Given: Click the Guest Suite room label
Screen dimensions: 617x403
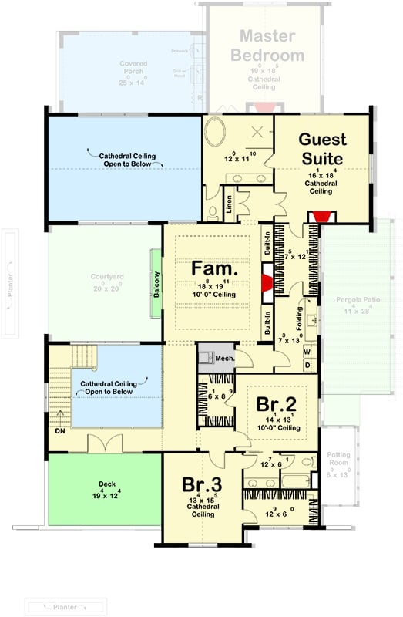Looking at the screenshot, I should pyautogui.click(x=322, y=149).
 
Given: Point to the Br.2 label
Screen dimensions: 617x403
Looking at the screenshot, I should pyautogui.click(x=274, y=405).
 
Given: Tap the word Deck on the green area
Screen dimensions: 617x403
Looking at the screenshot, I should pyautogui.click(x=106, y=485).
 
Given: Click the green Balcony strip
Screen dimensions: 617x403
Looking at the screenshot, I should pyautogui.click(x=156, y=282).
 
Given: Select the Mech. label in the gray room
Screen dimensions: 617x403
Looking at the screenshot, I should pyautogui.click(x=223, y=359).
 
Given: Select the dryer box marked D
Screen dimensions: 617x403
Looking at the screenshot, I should pyautogui.click(x=306, y=366).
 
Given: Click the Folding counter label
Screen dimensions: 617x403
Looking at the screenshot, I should pyautogui.click(x=299, y=316).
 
